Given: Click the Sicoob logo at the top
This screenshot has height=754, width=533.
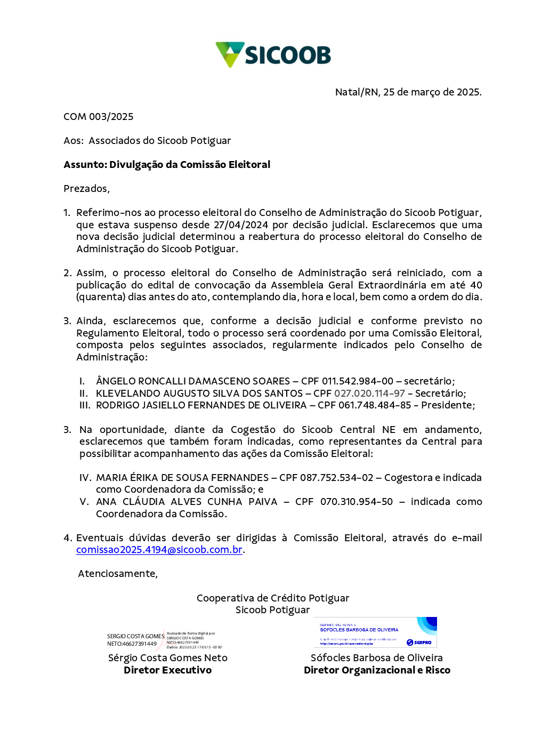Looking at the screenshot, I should (273, 54).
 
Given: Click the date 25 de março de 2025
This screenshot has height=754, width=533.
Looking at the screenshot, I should (432, 92).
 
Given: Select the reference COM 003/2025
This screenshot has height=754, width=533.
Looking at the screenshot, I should (99, 117).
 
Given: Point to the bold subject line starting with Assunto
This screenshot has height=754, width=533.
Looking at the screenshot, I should (167, 165).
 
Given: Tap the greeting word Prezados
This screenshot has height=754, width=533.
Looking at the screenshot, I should (86, 189).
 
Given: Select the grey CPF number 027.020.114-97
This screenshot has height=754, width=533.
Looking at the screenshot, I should (369, 394).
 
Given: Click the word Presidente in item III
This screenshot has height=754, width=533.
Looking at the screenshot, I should (447, 405).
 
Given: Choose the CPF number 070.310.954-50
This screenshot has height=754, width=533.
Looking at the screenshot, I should (356, 502).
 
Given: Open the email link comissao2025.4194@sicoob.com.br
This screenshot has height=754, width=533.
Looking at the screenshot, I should (159, 550).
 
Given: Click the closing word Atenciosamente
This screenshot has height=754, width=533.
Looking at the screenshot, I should (118, 574).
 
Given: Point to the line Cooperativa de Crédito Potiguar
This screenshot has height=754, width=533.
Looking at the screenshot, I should (273, 598).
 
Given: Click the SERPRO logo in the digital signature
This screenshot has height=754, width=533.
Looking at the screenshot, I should (419, 643).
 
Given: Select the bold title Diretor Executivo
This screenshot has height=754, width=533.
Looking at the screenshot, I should (167, 670).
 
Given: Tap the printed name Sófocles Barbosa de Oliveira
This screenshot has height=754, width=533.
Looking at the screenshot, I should (376, 658).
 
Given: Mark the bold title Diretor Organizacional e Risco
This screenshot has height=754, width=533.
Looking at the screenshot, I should (377, 670).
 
